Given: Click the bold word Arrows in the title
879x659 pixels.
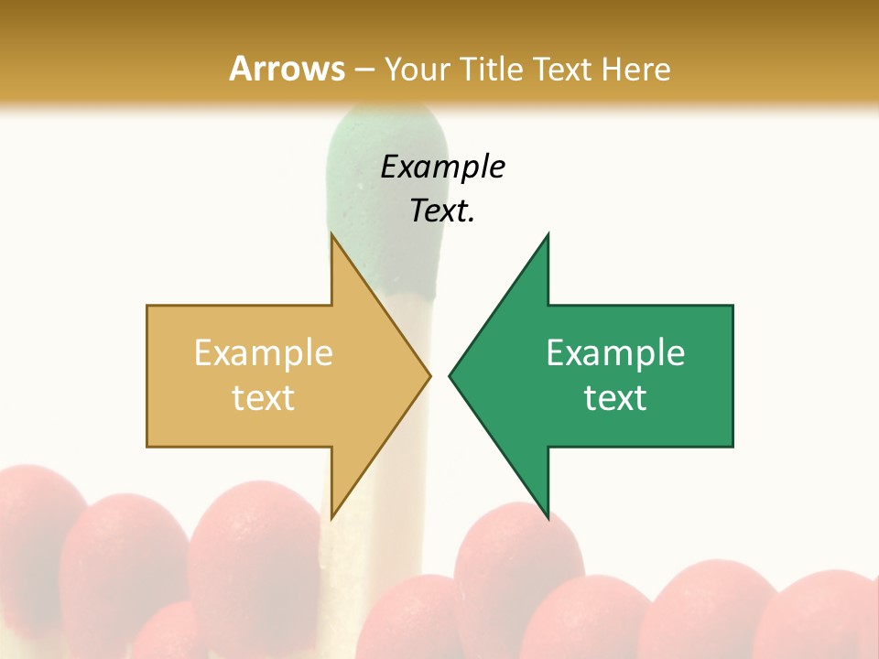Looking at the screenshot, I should (x=287, y=69).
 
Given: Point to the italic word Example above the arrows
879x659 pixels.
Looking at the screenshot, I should (x=442, y=167).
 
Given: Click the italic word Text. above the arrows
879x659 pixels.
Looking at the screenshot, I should (x=442, y=211).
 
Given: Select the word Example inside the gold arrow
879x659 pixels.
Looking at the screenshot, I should (x=264, y=352).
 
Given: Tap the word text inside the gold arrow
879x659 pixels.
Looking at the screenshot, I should (x=264, y=397).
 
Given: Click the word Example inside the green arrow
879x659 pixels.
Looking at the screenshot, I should (x=615, y=352).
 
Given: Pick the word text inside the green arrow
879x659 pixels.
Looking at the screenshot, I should (x=615, y=397).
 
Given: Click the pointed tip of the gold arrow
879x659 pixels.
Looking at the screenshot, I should (x=429, y=375).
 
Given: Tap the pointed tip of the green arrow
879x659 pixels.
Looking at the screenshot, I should (x=450, y=375).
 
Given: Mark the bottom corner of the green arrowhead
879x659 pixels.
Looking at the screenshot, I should (x=548, y=518).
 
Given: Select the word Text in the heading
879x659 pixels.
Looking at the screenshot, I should (x=561, y=69).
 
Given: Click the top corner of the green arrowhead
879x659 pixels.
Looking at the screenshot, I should (x=548, y=234).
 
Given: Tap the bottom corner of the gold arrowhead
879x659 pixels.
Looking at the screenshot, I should (x=331, y=518).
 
